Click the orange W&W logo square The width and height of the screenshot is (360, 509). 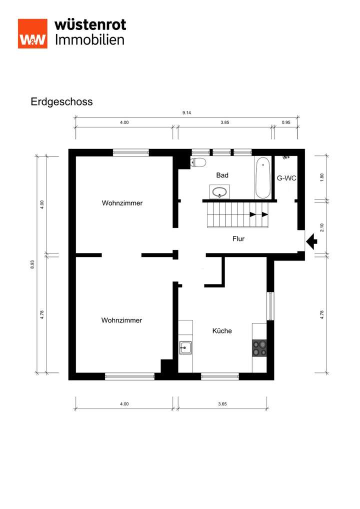(32, 33)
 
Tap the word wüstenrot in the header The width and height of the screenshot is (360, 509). (90, 24)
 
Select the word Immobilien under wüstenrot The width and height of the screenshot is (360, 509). (89, 40)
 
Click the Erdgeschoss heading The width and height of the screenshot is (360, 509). (61, 101)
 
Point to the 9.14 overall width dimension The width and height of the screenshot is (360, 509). (186, 113)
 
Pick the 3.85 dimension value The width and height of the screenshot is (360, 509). (224, 122)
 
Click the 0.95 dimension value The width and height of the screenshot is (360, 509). (286, 122)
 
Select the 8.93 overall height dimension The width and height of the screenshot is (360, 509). (33, 264)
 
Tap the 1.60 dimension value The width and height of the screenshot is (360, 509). (322, 177)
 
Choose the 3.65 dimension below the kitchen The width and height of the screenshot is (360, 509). (222, 404)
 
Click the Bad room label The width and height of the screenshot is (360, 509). (222, 175)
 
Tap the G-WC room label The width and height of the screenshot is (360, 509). (286, 178)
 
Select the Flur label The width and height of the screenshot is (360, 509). (238, 239)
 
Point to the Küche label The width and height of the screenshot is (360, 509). (222, 330)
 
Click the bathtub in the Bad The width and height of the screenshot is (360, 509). (262, 178)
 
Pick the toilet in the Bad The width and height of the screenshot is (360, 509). (198, 162)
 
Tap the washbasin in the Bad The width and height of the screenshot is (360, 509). (219, 191)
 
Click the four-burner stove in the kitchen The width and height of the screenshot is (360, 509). (259, 347)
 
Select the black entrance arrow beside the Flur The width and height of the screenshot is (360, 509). (311, 242)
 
